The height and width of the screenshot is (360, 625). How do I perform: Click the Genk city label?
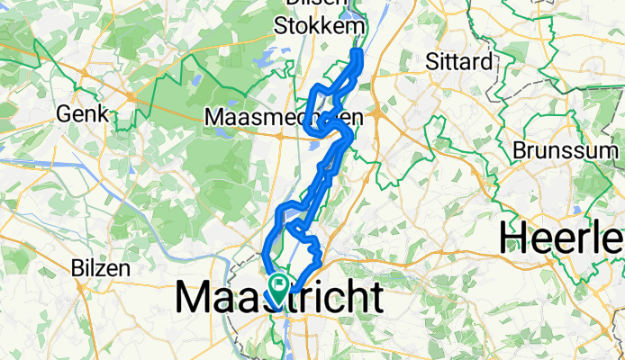82,114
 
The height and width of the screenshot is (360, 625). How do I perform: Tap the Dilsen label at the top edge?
310,4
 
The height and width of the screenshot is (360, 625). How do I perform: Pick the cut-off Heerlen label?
563,238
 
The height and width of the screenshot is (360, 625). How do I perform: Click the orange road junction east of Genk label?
131,95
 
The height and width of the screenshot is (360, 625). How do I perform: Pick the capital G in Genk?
64,114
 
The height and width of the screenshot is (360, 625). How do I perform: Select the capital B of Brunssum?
520,148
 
